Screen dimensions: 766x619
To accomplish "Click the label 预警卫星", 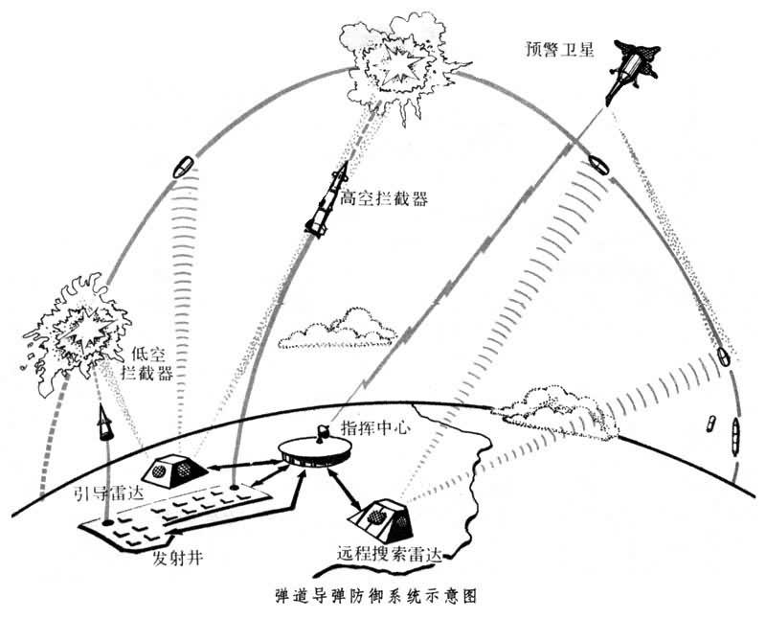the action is [x=559, y=50].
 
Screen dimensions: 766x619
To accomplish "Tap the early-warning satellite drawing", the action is [x=631, y=68].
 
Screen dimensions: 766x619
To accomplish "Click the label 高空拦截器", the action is [x=384, y=199].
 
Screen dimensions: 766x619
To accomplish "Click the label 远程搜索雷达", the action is [x=390, y=556].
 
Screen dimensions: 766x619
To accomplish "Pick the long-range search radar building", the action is [x=381, y=519].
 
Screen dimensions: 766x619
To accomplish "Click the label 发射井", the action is [x=177, y=558].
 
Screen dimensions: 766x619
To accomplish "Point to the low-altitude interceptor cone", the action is [x=104, y=422].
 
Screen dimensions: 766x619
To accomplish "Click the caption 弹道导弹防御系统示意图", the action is [x=375, y=597].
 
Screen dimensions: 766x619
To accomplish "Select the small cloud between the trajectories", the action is [x=337, y=329].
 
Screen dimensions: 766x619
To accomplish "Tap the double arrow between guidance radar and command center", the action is [x=244, y=465].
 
